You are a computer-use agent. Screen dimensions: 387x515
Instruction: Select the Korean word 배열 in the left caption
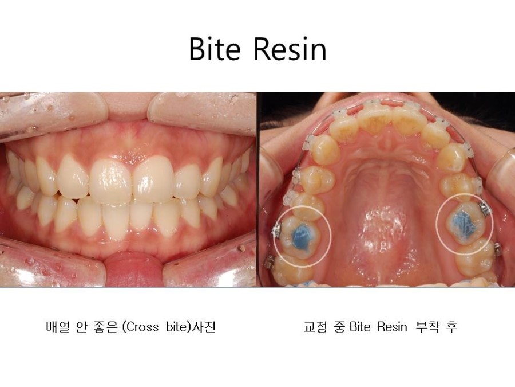(x=57, y=327)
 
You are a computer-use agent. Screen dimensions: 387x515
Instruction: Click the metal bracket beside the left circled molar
(x=276, y=232)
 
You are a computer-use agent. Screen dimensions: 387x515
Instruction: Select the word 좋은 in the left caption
(x=105, y=327)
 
